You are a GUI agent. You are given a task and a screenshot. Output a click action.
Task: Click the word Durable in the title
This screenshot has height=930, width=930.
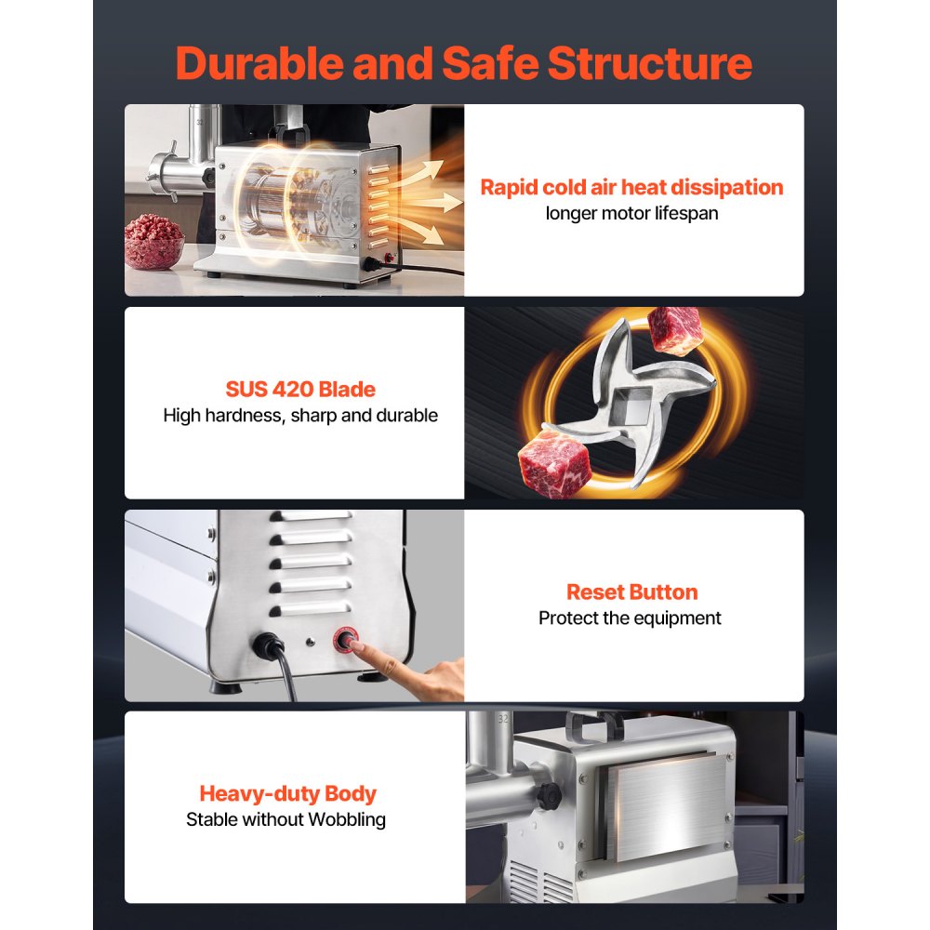pos(259,63)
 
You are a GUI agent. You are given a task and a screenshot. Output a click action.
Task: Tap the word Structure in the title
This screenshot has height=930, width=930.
pos(649,63)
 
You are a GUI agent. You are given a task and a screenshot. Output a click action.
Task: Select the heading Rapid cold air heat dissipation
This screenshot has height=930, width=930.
pos(631,188)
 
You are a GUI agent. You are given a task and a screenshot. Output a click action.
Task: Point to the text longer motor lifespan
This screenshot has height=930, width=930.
pos(631,213)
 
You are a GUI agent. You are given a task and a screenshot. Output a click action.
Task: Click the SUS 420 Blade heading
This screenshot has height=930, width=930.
pos(300,389)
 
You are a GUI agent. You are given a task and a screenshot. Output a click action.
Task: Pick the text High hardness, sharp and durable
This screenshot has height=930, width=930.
pos(300,415)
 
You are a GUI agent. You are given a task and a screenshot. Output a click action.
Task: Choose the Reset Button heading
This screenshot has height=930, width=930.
pos(631,591)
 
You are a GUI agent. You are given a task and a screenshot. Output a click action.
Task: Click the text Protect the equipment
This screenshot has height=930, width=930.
pos(630,618)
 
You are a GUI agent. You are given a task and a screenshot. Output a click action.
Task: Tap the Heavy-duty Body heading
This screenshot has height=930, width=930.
pos(287,793)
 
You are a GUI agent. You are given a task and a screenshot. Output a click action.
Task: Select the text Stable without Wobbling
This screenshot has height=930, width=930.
pos(286,819)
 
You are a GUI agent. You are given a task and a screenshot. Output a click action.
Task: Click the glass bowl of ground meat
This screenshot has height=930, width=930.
pos(153,243)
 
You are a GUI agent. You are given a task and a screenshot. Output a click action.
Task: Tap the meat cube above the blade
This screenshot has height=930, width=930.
pos(673,330)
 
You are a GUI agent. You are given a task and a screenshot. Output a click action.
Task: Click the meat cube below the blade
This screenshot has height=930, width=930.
pos(554,464)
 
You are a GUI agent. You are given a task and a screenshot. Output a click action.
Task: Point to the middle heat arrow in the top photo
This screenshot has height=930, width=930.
pos(434,203)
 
